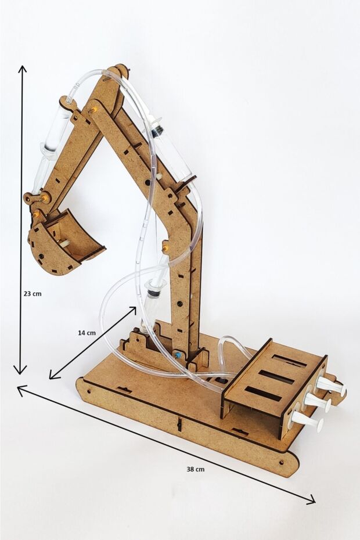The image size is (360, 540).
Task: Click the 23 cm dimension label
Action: [33, 294]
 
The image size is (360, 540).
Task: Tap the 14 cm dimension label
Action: [87, 333]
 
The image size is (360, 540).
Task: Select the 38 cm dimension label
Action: [196, 469]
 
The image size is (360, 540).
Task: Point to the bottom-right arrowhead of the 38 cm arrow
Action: [311, 501]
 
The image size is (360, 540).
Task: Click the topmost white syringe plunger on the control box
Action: [332, 385]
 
